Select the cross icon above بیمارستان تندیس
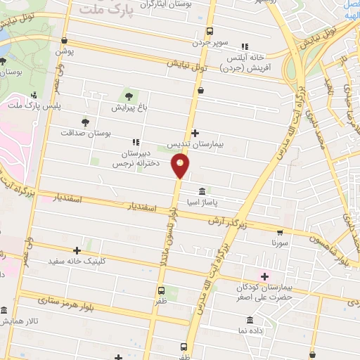click(x=195, y=133)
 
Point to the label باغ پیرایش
click(x=127, y=109)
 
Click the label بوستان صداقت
click(x=86, y=133)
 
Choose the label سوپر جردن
click(x=212, y=42)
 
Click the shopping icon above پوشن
click(x=64, y=41)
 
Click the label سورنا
click(x=280, y=243)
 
